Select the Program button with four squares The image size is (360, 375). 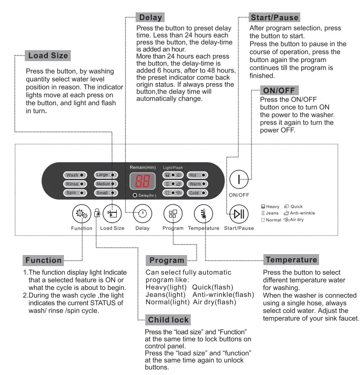[x=173, y=213]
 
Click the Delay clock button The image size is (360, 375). [x=142, y=213]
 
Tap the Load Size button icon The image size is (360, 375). [x=112, y=213]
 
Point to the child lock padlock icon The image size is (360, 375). [x=97, y=213]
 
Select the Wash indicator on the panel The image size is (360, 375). [x=75, y=175]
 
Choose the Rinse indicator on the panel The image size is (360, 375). [x=75, y=184]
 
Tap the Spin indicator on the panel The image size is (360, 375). [x=75, y=193]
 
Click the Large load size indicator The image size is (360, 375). [x=106, y=175]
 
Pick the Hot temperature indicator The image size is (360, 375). [x=198, y=175]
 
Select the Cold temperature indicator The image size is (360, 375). [x=198, y=193]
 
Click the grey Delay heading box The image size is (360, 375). [x=150, y=18]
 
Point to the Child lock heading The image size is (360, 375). [x=168, y=319]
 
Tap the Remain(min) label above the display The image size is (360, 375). [x=143, y=167]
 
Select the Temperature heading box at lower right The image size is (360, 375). [x=291, y=260]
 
